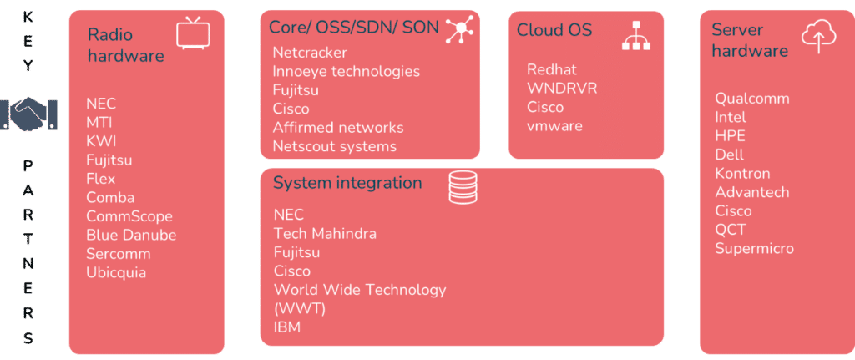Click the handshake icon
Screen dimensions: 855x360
[28, 114]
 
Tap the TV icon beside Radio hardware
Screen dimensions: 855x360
[193, 33]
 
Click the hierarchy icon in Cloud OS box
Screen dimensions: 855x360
[636, 35]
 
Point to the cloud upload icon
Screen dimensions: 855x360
[818, 34]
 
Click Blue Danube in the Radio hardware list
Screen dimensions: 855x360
[131, 235]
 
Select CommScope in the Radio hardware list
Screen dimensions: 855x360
[129, 216]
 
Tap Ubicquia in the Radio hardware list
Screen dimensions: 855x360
[116, 272]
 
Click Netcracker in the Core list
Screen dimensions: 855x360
[310, 53]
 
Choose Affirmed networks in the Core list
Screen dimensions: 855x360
[338, 128]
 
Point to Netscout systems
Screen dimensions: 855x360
[335, 146]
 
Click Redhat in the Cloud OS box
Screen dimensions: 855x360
[552, 70]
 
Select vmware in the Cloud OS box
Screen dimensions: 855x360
[554, 126]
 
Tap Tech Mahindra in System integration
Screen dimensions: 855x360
[325, 233]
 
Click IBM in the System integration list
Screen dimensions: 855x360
[287, 327]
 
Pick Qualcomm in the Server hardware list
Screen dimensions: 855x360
[752, 99]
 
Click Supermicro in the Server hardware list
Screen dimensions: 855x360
[755, 249]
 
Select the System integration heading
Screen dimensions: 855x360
[347, 183]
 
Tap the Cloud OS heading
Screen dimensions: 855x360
[554, 29]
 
